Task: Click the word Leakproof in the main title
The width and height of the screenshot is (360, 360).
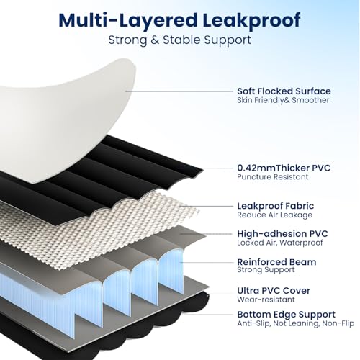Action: pos(251,21)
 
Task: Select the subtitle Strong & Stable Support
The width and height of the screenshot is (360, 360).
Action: pos(179,40)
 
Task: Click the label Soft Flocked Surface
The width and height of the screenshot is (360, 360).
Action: pos(284,91)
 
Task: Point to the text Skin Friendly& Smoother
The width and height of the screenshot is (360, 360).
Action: pos(283,100)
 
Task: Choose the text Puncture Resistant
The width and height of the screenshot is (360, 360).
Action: pos(273,177)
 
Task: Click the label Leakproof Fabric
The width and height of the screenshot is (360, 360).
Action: pos(276,206)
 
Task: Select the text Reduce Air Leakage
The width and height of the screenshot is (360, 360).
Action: pos(275,215)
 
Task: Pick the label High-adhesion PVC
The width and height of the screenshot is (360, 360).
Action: pos(282,234)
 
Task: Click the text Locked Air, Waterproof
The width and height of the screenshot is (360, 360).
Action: pos(280,243)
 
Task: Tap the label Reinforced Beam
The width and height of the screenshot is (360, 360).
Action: pos(276,262)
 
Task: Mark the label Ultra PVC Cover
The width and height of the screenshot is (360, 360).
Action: pos(274,291)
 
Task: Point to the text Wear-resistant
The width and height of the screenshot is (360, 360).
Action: pos(266,300)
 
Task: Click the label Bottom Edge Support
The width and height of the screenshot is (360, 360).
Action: pos(286,315)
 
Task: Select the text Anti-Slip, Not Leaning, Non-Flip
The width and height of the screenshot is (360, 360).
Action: pos(296,323)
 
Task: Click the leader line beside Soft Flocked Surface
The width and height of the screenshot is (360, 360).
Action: pos(179,91)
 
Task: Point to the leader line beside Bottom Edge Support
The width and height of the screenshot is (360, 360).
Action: pos(208,315)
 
